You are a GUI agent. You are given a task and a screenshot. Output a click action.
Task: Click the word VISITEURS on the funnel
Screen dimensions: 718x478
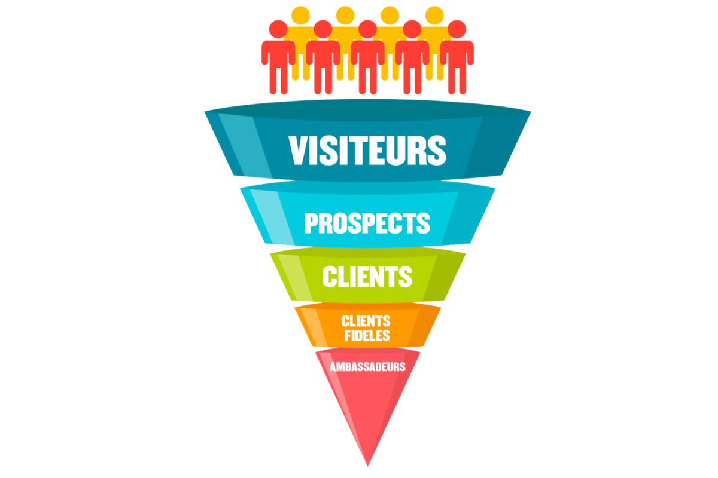coord(367,150)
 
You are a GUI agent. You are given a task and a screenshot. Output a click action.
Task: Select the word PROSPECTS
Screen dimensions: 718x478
coord(367,223)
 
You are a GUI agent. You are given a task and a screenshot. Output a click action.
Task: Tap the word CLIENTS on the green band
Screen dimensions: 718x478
coord(367,277)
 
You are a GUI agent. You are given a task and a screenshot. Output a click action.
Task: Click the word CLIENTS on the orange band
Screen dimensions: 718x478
coord(366,321)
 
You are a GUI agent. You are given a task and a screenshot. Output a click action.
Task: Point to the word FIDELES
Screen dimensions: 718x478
coord(367,336)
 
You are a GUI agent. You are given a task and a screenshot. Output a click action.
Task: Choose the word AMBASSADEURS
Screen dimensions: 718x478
coord(367,367)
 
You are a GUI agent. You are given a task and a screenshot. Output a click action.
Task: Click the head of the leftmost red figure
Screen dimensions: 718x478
coord(278,29)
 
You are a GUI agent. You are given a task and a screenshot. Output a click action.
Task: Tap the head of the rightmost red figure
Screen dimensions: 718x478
coord(457,29)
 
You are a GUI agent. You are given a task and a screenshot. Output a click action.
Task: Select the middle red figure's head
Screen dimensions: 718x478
coord(367,29)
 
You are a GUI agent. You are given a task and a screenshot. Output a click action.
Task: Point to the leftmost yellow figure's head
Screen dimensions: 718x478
coord(300,15)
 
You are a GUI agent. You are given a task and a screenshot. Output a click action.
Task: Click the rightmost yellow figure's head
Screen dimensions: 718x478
coord(434,15)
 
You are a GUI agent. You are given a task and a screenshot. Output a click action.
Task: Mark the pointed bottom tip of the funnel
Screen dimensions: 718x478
coord(367,466)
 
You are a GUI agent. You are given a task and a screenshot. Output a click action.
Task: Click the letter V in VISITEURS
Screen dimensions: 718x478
coord(299,150)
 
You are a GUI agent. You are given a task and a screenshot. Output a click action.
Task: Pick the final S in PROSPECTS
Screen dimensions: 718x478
coord(423,223)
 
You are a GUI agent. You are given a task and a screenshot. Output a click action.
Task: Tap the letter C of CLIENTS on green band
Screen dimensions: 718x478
coord(330,277)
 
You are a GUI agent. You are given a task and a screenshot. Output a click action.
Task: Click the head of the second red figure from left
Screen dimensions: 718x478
coord(323,29)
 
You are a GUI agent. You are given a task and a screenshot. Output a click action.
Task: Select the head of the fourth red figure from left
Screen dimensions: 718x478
coord(412,29)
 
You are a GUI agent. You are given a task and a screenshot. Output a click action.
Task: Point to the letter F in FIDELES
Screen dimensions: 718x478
coord(348,336)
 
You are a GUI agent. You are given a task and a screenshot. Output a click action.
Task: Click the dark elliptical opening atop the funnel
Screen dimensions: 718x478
coord(367,110)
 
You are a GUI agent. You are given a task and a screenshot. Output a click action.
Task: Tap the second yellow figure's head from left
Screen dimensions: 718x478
coord(345,15)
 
